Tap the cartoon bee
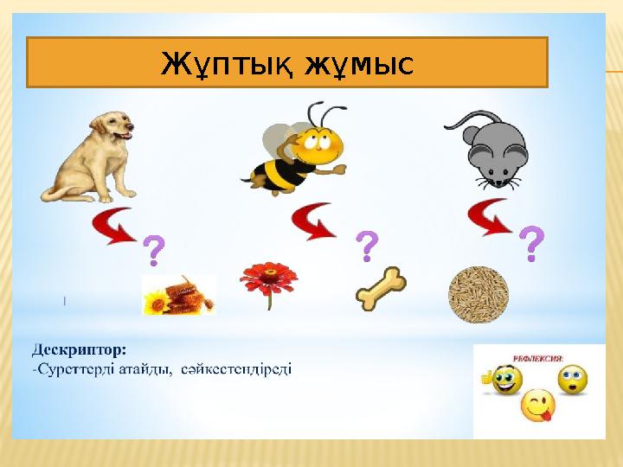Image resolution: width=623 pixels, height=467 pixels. coord(299,149)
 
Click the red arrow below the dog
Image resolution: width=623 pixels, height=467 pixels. coord(114,226)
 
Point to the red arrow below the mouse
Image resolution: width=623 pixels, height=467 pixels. coord(489,216)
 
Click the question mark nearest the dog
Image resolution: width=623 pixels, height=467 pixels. coord(153,251)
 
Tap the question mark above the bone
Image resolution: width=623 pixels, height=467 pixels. coord(368,246)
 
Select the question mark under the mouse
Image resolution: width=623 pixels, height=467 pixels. coord(535,245)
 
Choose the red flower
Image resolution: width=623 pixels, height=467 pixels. coord(269,284)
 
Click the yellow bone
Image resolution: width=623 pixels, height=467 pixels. coord(382,289)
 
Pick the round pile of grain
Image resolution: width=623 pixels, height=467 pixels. coord(478,294)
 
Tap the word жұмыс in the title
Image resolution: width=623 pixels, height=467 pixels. coord(358,62)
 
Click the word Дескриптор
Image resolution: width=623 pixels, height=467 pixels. coord(79,350)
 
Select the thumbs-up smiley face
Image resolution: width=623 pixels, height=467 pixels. coord(504,379)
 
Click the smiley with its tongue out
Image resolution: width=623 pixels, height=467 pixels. coord(537,406)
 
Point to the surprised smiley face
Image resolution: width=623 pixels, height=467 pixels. coord(572,379)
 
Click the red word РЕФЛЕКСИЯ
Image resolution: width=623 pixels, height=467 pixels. coord(538,355)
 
